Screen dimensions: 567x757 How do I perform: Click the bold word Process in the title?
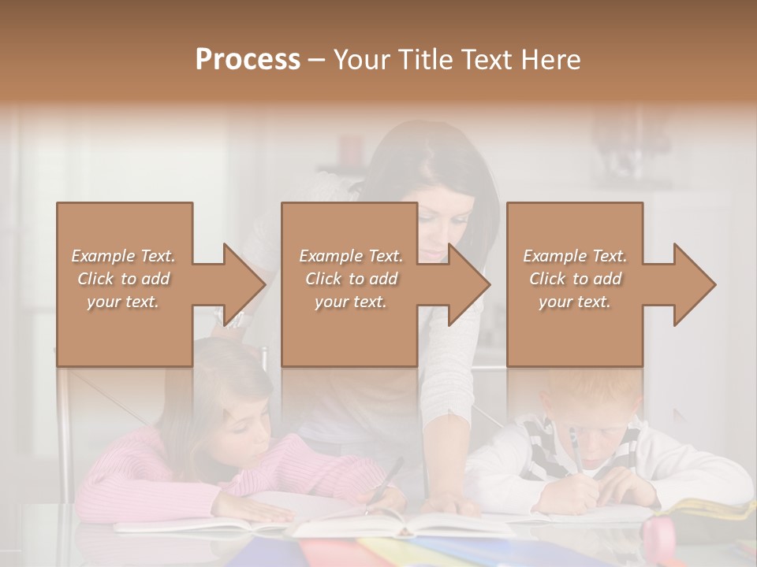tap(248, 60)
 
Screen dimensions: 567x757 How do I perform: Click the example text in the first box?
tap(123, 279)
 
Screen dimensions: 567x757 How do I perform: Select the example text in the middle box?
tap(350, 279)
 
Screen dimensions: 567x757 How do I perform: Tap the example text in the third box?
tap(575, 279)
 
